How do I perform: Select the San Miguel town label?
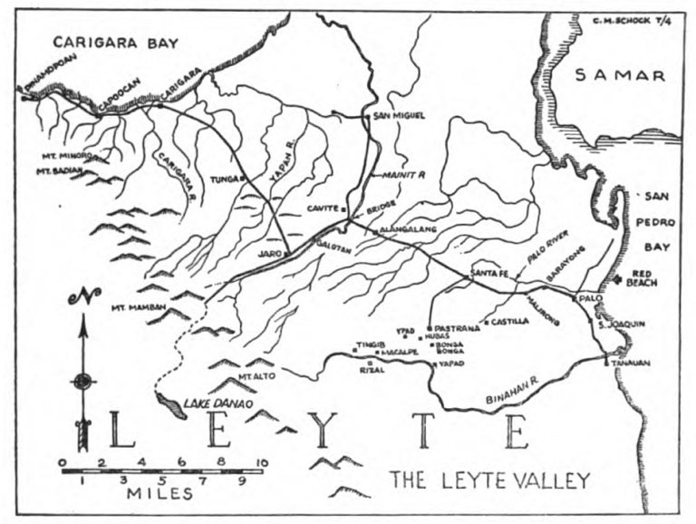(400, 117)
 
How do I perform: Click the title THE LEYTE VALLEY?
(489, 480)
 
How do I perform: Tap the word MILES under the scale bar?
(159, 495)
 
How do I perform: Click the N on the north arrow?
(82, 296)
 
